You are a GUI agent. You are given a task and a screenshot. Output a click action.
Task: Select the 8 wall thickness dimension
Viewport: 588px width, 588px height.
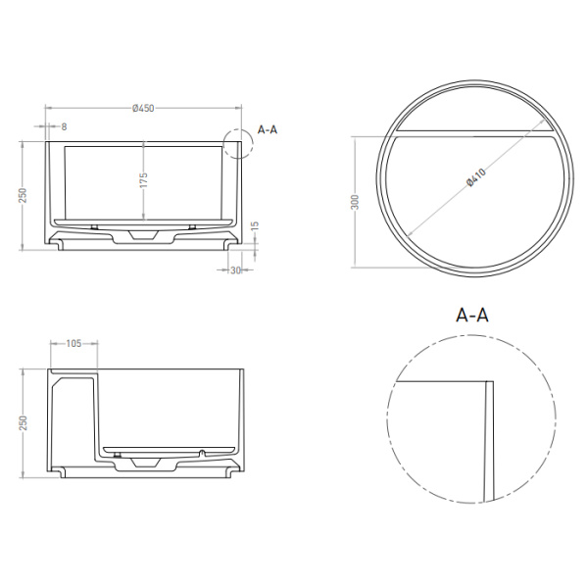tap(64, 126)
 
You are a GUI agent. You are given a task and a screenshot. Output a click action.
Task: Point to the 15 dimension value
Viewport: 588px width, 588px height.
tap(255, 226)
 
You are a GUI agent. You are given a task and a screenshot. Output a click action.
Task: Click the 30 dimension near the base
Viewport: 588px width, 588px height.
tap(235, 270)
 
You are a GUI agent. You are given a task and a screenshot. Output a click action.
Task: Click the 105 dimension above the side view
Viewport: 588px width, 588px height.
tap(73, 344)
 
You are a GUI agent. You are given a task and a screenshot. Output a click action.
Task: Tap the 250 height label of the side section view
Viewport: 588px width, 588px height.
tap(24, 421)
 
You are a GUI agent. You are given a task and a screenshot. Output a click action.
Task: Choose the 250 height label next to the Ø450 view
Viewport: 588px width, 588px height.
tap(24, 195)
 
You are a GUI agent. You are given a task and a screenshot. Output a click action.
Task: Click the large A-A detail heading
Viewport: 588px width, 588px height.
tap(473, 315)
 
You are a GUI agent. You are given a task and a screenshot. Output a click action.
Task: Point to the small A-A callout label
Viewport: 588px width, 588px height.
tap(267, 129)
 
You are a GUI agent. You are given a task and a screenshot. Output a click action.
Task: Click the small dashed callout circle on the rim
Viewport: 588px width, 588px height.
tap(236, 143)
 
